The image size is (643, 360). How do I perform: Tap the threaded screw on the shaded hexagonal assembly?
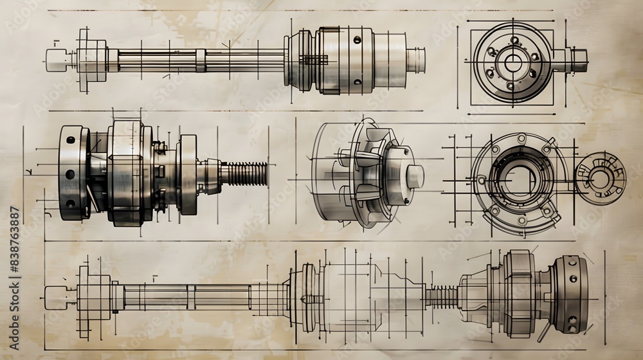[244, 174]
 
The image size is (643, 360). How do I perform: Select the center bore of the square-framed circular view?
[512, 62]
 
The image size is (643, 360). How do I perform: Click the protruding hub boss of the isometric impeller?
[413, 176]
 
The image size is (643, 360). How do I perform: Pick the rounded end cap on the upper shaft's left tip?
[57, 60]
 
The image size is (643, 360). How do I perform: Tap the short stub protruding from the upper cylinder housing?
[415, 60]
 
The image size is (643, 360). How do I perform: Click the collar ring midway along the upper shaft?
[201, 60]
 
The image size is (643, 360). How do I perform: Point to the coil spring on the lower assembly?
[441, 297]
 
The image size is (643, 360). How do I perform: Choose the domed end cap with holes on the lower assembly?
[571, 294]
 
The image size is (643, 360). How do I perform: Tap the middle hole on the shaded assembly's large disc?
[69, 174]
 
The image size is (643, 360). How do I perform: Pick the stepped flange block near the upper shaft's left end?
[92, 60]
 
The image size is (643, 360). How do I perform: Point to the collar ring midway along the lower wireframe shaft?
[191, 297]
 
